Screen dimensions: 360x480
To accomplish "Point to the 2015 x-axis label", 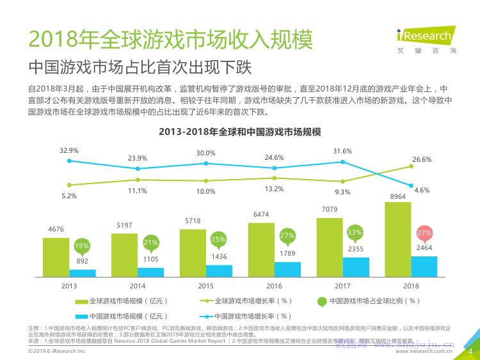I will point(206,286).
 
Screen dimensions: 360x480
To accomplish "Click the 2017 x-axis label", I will point(342,286).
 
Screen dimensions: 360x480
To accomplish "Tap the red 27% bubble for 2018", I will point(424,233).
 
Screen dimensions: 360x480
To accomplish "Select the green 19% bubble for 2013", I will point(82,246).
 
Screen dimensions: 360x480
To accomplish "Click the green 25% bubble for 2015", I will point(219,240).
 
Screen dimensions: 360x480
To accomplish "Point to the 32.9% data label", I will point(69,151).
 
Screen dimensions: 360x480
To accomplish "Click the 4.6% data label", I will point(422,191).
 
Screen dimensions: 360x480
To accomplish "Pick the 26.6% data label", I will point(422,159).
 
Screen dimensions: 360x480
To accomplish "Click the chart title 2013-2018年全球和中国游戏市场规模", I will point(240,132).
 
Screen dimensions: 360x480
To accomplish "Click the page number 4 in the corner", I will point(471,350).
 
